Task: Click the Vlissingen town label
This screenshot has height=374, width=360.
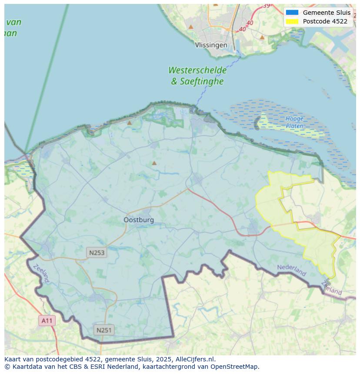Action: pyautogui.click(x=211, y=45)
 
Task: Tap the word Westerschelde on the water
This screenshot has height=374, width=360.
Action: pyautogui.click(x=197, y=70)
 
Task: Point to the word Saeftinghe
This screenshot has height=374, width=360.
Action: pyautogui.click(x=203, y=81)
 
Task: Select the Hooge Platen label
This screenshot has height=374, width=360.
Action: pyautogui.click(x=294, y=122)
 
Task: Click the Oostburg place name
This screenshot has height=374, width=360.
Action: pyautogui.click(x=139, y=220)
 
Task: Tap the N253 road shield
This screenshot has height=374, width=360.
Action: pyautogui.click(x=96, y=252)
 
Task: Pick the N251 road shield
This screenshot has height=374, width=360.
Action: pyautogui.click(x=103, y=330)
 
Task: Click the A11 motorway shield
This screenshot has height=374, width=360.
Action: pyautogui.click(x=47, y=321)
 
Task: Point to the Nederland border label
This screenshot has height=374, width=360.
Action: pyautogui.click(x=292, y=270)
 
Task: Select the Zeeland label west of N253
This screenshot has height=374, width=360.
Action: pyautogui.click(x=41, y=274)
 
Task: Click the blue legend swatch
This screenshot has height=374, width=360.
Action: pyautogui.click(x=292, y=13)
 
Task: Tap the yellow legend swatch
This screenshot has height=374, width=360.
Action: pyautogui.click(x=292, y=21)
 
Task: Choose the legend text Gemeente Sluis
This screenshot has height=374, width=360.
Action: pyautogui.click(x=327, y=13)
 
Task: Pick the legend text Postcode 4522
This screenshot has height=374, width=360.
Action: pyautogui.click(x=325, y=21)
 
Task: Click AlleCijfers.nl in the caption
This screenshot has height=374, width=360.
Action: pyautogui.click(x=195, y=359)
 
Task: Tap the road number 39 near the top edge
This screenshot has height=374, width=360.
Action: pyautogui.click(x=266, y=6)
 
